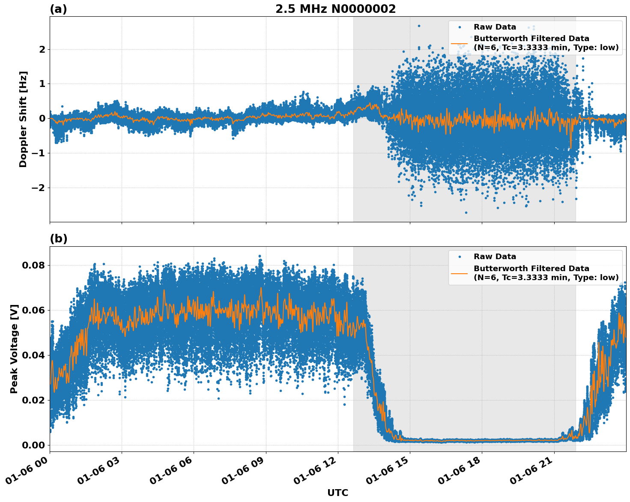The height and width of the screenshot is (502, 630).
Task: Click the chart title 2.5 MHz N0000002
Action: [335, 9]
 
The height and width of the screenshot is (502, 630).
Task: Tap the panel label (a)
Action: [58, 9]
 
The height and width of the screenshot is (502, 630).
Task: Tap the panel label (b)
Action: [58, 239]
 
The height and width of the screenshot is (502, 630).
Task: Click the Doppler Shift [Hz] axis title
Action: [23, 119]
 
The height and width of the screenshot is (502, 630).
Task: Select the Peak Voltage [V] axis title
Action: [14, 349]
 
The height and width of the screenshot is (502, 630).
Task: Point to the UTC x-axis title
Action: [337, 493]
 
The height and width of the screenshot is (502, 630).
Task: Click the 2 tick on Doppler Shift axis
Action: [42, 50]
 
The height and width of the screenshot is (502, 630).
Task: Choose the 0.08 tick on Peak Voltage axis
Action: [33, 265]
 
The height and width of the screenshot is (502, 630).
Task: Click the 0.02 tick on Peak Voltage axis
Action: [33, 400]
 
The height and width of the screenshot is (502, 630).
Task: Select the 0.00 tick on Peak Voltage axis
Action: [33, 445]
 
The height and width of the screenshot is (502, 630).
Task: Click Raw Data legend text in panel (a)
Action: [495, 27]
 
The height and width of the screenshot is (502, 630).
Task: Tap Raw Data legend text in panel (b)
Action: [495, 257]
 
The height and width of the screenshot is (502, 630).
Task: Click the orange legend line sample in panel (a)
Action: [459, 43]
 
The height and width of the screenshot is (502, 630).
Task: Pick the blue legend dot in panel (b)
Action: [460, 257]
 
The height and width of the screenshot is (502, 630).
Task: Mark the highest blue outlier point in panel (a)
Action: [419, 26]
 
